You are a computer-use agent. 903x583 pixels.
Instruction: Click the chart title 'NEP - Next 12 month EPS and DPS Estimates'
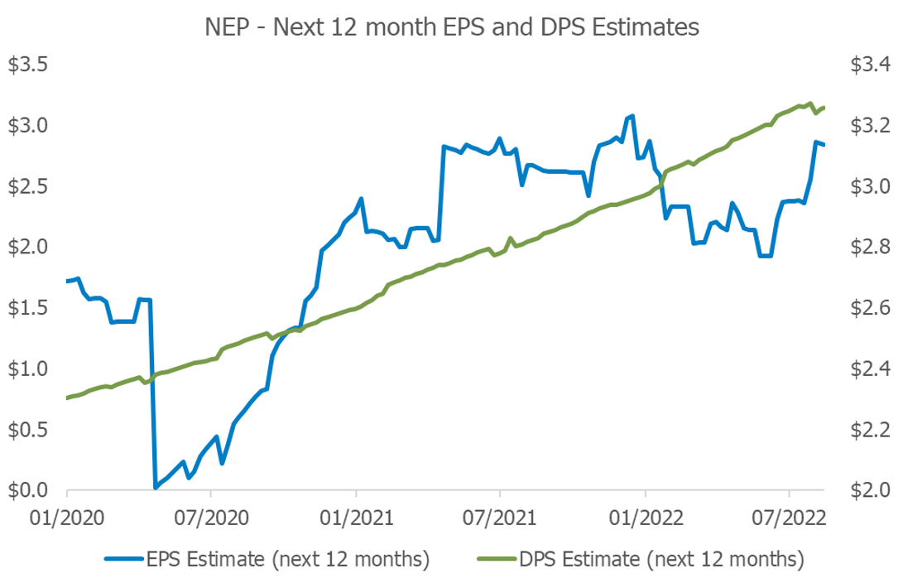point(452,27)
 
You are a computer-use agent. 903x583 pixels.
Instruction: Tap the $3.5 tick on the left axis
point(29,65)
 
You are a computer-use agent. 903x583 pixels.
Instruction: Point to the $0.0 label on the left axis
point(29,490)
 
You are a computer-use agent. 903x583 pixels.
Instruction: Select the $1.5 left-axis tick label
point(29,308)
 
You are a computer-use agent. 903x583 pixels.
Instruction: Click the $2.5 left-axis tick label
point(29,186)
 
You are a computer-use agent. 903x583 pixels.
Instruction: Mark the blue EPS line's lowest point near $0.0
point(156,487)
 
